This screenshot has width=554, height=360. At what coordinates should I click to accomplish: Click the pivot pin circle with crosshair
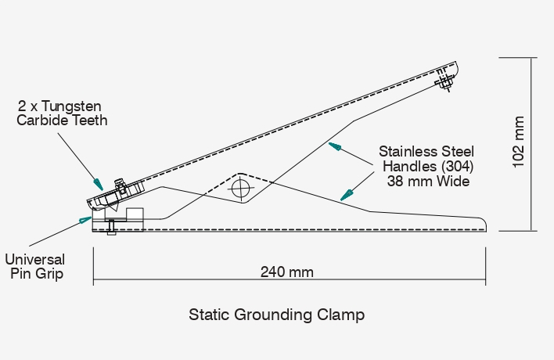[241, 188]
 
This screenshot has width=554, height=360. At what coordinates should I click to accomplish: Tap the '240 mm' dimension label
[287, 272]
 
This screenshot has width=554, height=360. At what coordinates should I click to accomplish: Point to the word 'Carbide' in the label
[49, 121]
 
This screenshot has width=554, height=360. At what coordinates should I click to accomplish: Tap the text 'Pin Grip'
[35, 274]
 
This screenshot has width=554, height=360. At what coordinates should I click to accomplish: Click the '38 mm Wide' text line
[428, 181]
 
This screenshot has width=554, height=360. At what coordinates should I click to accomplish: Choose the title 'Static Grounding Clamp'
[277, 315]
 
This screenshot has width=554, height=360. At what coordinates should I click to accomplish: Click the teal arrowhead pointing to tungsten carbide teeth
[97, 181]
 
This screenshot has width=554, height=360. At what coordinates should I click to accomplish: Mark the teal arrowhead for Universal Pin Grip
[86, 218]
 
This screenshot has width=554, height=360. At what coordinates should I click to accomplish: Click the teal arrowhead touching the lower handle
[344, 195]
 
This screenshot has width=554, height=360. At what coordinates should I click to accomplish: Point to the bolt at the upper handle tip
[444, 81]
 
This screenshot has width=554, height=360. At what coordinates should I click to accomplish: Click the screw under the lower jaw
[111, 227]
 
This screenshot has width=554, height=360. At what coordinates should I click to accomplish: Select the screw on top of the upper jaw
[120, 184]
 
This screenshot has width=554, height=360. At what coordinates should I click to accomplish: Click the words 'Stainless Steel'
[426, 151]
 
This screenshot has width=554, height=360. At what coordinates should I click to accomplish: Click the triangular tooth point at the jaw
[113, 208]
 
